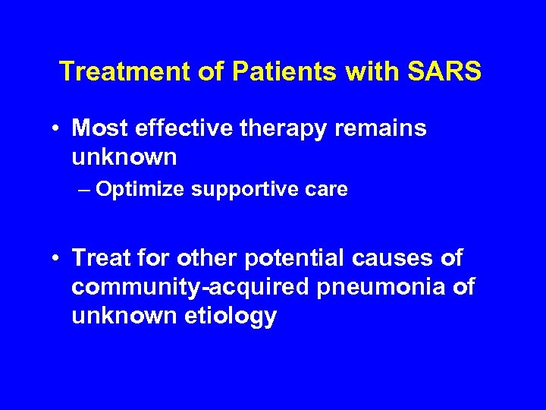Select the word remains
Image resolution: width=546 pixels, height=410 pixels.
(x=381, y=128)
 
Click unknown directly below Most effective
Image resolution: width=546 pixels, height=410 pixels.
(x=124, y=157)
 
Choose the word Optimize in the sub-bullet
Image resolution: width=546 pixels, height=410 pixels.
(x=140, y=190)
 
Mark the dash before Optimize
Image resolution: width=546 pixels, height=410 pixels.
(x=85, y=190)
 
